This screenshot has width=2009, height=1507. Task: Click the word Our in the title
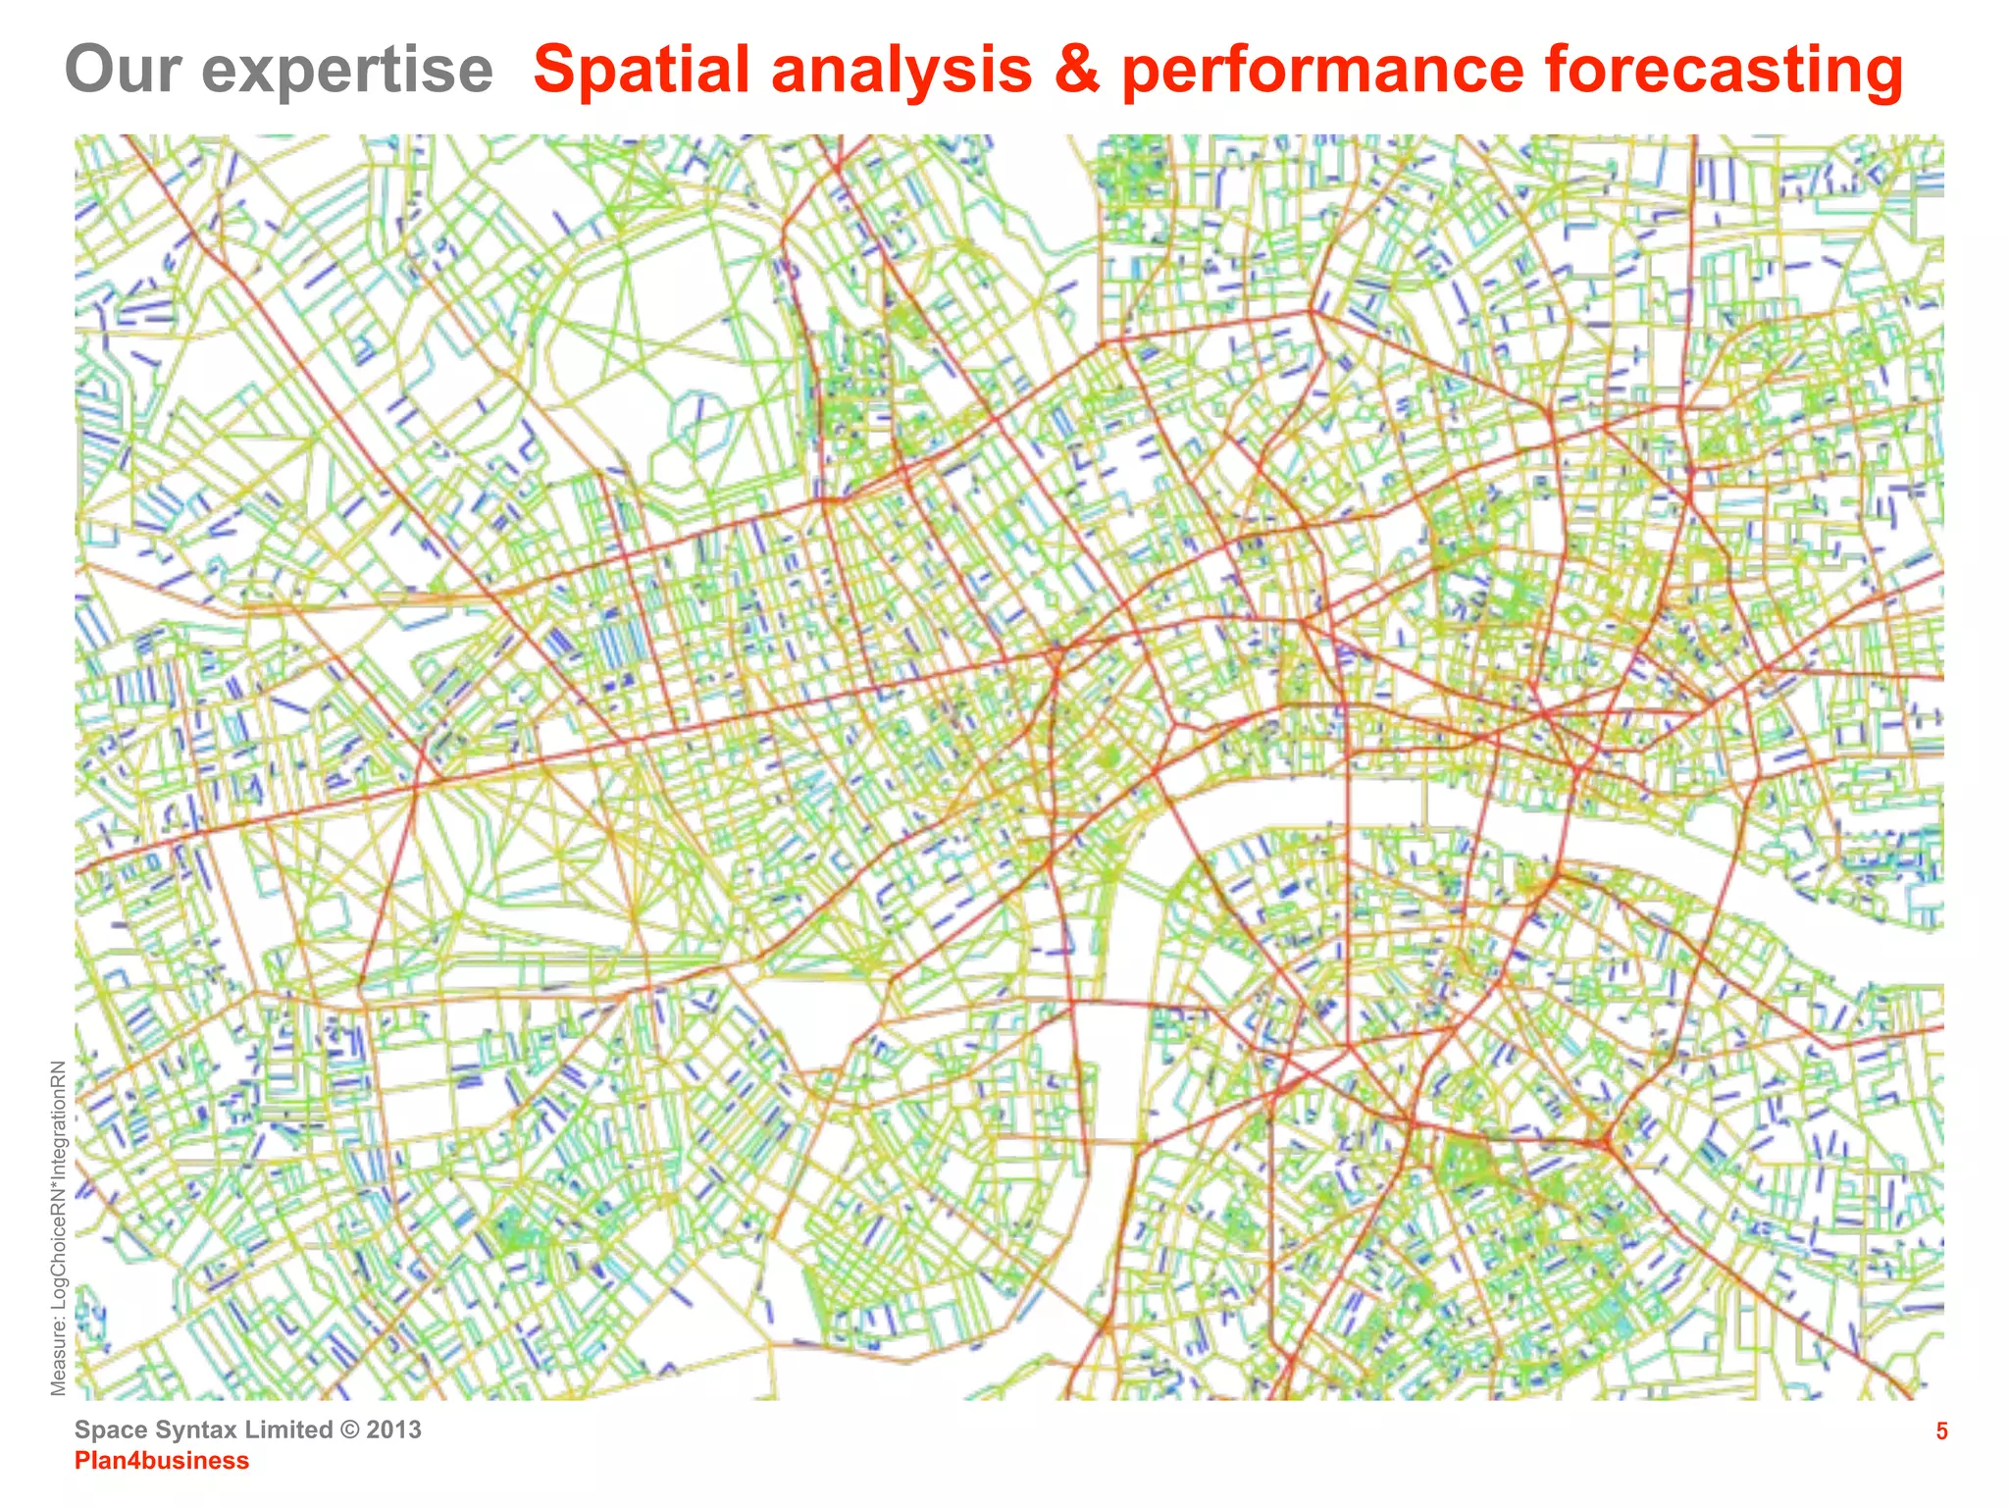(123, 70)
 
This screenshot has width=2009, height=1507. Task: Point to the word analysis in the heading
(901, 72)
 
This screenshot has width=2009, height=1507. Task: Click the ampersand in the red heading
(1076, 71)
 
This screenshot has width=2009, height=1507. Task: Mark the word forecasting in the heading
(1724, 72)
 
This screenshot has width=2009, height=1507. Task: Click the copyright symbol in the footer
(349, 1429)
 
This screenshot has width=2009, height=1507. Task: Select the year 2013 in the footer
(394, 1429)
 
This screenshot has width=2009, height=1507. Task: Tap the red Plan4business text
(162, 1461)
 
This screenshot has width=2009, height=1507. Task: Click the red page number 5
(1941, 1431)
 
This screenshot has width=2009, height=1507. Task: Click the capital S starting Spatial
(556, 70)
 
